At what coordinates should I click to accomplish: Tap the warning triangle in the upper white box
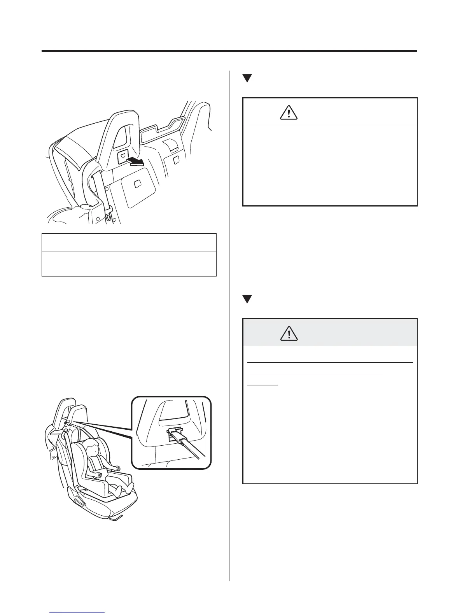(x=289, y=113)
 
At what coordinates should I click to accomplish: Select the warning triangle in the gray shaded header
(x=289, y=334)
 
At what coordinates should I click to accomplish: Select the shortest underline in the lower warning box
(x=263, y=384)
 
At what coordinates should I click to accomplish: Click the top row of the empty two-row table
(x=129, y=243)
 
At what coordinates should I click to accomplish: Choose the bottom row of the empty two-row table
(x=129, y=264)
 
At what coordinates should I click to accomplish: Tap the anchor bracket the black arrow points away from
(x=122, y=156)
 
